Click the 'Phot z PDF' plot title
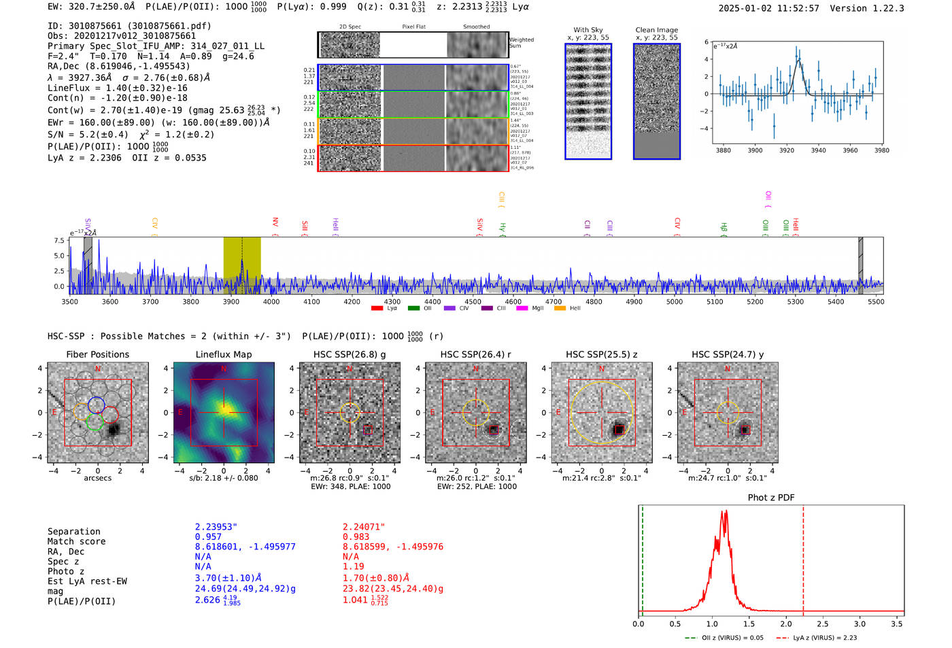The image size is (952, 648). click(770, 498)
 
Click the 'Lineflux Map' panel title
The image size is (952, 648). click(223, 354)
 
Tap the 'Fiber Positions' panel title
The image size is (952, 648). click(97, 354)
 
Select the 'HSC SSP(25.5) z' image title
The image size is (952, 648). click(602, 354)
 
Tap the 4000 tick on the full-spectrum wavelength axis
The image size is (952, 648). click(271, 302)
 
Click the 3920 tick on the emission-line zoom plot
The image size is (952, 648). click(787, 150)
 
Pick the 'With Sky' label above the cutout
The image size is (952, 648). click(588, 30)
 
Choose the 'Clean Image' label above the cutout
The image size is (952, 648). click(656, 30)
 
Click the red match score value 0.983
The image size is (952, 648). click(356, 537)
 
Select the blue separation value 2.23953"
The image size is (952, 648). click(216, 527)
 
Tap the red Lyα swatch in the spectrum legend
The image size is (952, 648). click(377, 309)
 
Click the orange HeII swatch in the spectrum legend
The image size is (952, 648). click(560, 309)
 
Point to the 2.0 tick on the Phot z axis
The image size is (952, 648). click(785, 624)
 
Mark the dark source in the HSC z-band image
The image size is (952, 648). click(619, 430)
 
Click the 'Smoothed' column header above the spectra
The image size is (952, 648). click(476, 27)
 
